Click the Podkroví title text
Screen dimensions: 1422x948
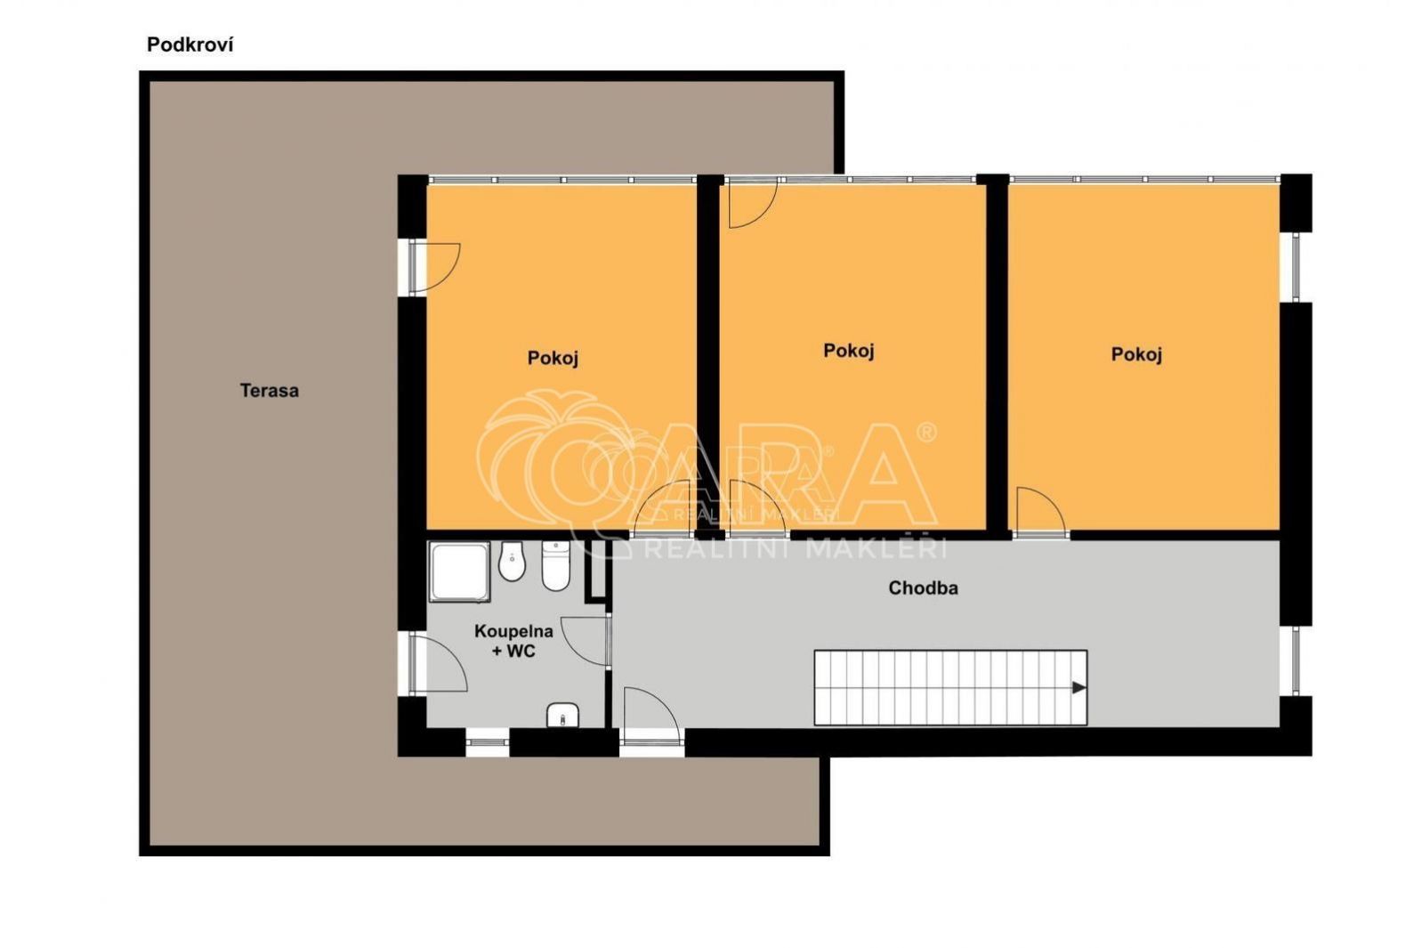(190, 45)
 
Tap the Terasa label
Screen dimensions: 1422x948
(269, 391)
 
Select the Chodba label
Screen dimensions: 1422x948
(923, 588)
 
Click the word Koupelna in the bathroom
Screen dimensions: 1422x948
(513, 631)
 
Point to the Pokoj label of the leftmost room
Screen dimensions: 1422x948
(553, 358)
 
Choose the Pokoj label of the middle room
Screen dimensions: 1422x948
(849, 351)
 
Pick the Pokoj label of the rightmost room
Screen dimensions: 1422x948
(1136, 354)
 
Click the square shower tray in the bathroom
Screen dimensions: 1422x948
(459, 571)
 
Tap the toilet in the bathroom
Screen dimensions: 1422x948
(556, 566)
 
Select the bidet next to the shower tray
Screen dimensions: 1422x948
(513, 562)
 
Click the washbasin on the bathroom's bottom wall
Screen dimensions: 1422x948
(562, 715)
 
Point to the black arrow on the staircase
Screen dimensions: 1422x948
(1079, 688)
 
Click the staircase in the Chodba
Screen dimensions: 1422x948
(950, 688)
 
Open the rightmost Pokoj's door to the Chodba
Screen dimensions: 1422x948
(1041, 513)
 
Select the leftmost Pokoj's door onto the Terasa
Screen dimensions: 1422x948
(434, 268)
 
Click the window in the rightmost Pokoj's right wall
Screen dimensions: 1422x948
(1295, 267)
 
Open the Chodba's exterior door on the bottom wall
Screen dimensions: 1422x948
(652, 717)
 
